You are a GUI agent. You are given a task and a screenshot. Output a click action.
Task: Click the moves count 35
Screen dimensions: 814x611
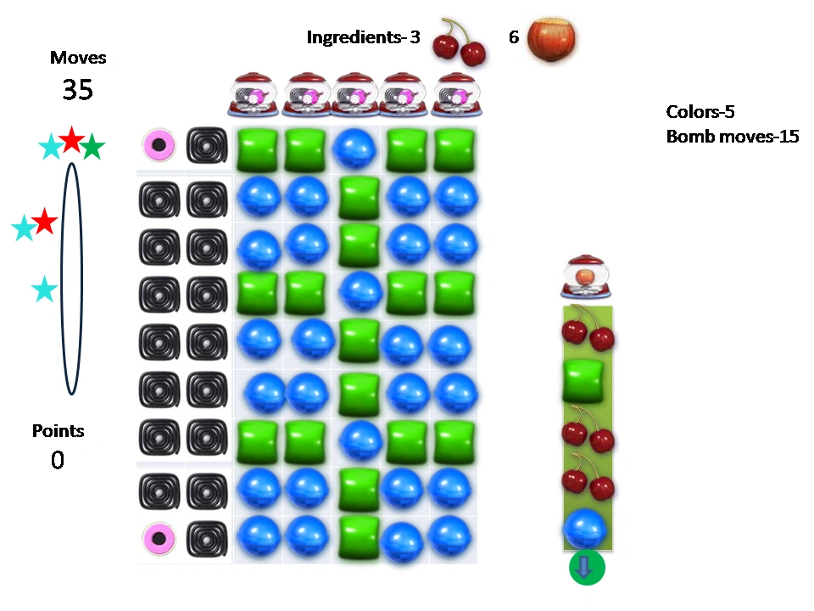77,90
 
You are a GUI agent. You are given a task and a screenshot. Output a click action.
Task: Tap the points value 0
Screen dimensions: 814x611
58,460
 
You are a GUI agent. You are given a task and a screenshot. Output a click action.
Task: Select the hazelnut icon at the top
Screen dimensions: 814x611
553,40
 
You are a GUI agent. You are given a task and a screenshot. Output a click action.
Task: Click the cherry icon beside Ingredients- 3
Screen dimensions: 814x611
459,42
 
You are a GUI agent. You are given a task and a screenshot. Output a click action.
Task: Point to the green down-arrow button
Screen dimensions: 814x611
587,568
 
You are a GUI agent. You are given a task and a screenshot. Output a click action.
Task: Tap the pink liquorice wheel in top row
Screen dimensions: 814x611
159,145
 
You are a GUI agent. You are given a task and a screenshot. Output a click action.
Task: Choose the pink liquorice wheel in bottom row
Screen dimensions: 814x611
159,538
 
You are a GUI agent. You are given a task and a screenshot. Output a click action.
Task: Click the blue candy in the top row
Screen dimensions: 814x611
355,149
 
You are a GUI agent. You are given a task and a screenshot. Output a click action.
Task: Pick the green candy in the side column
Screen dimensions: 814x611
584,380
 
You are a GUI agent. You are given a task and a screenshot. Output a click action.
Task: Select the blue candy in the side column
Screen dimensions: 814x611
585,528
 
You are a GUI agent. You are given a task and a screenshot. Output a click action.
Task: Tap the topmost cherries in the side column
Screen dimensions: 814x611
587,328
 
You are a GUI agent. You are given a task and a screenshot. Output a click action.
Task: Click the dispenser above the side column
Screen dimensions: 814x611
584,277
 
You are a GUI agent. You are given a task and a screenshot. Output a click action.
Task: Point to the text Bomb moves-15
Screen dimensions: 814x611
733,137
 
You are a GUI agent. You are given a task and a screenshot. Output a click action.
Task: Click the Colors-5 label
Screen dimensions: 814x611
700,112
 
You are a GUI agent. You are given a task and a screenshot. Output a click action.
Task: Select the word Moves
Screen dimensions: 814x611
78,58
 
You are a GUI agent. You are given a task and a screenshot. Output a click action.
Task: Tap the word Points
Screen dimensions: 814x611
59,431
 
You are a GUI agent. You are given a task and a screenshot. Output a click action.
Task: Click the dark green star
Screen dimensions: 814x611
92,149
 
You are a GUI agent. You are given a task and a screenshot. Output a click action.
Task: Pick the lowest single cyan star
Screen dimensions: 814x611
44,290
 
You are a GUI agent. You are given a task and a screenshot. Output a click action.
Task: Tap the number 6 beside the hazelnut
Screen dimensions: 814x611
514,38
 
